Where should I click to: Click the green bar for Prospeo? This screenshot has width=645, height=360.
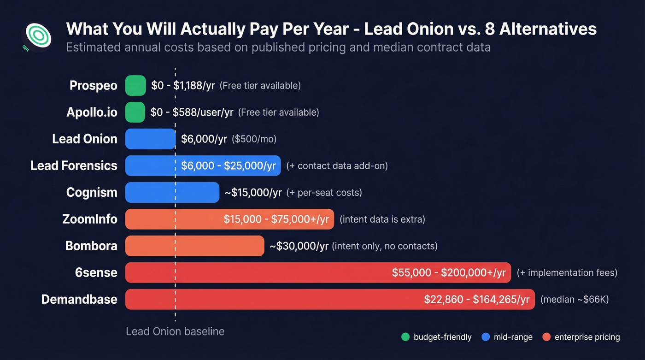[135, 86]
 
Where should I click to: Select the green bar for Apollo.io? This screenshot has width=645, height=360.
[135, 112]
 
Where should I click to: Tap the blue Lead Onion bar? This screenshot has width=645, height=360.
[150, 139]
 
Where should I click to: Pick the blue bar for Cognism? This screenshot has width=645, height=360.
[172, 193]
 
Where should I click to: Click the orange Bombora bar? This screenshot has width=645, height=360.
[194, 246]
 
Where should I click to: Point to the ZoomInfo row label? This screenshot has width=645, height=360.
[90, 219]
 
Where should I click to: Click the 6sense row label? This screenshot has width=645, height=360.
[96, 273]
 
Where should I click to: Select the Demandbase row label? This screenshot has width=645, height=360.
[79, 300]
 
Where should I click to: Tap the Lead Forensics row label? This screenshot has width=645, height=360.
[74, 166]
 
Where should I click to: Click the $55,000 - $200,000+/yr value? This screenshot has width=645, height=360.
[449, 273]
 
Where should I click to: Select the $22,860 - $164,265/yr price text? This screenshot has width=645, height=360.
[476, 300]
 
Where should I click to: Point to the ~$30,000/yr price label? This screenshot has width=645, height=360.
[299, 246]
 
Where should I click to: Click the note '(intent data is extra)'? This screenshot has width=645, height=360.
[382, 219]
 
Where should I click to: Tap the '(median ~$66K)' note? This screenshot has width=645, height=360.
[574, 300]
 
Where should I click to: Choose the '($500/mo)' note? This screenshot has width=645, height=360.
[254, 139]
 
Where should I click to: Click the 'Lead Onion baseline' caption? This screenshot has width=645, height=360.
[175, 331]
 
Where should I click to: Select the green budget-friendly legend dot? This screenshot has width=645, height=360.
[405, 337]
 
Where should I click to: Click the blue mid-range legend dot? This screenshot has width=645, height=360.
[485, 337]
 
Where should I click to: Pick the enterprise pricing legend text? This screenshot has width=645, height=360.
[587, 337]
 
